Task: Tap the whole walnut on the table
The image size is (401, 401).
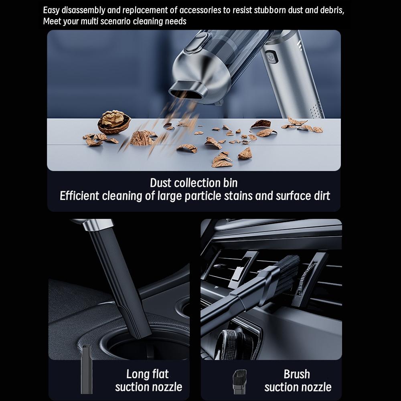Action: click(x=114, y=122)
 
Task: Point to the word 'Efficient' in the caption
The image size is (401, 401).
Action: click(x=79, y=196)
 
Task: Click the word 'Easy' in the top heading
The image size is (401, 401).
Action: click(x=52, y=10)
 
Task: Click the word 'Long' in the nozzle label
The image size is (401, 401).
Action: click(x=138, y=374)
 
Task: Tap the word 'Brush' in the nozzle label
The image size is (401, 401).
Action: click(x=297, y=374)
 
